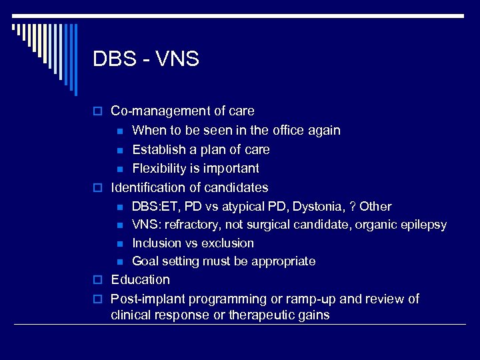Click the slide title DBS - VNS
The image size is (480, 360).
click(x=146, y=59)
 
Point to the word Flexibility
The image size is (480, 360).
click(x=159, y=168)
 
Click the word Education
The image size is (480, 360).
click(x=140, y=279)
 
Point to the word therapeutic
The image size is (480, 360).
click(x=261, y=315)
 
